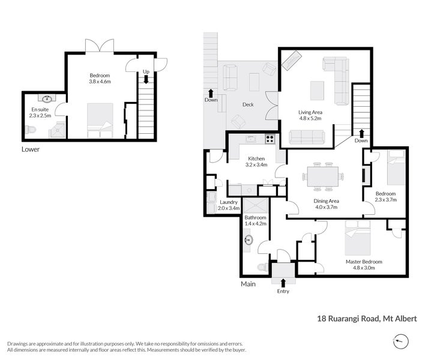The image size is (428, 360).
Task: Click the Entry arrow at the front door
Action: (x=283, y=283)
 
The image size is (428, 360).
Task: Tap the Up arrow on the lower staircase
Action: (x=146, y=79)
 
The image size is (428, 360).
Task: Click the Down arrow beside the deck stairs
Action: (x=211, y=93)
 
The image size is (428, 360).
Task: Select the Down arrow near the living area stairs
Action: (x=361, y=133)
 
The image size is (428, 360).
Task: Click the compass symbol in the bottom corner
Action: (x=401, y=341)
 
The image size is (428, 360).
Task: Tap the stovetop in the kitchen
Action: (x=270, y=139)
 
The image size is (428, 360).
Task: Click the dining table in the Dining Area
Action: (x=322, y=176)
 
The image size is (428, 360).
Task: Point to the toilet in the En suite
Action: (x=30, y=130)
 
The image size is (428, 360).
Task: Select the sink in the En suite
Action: (x=47, y=98)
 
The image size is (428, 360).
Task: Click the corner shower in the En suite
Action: (x=57, y=130)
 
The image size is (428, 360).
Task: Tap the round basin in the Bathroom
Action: (x=249, y=240)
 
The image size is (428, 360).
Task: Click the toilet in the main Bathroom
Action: (x=263, y=267)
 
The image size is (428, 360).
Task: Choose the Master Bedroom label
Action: (x=364, y=262)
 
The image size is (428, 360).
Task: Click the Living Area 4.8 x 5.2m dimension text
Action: (x=310, y=118)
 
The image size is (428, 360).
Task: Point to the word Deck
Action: (x=248, y=104)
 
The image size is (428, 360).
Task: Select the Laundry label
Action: (x=229, y=202)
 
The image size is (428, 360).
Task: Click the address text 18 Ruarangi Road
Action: (x=348, y=319)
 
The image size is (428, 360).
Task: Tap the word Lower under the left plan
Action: (x=31, y=149)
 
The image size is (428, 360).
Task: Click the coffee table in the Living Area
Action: (x=317, y=91)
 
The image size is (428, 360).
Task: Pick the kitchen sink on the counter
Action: (x=251, y=139)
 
